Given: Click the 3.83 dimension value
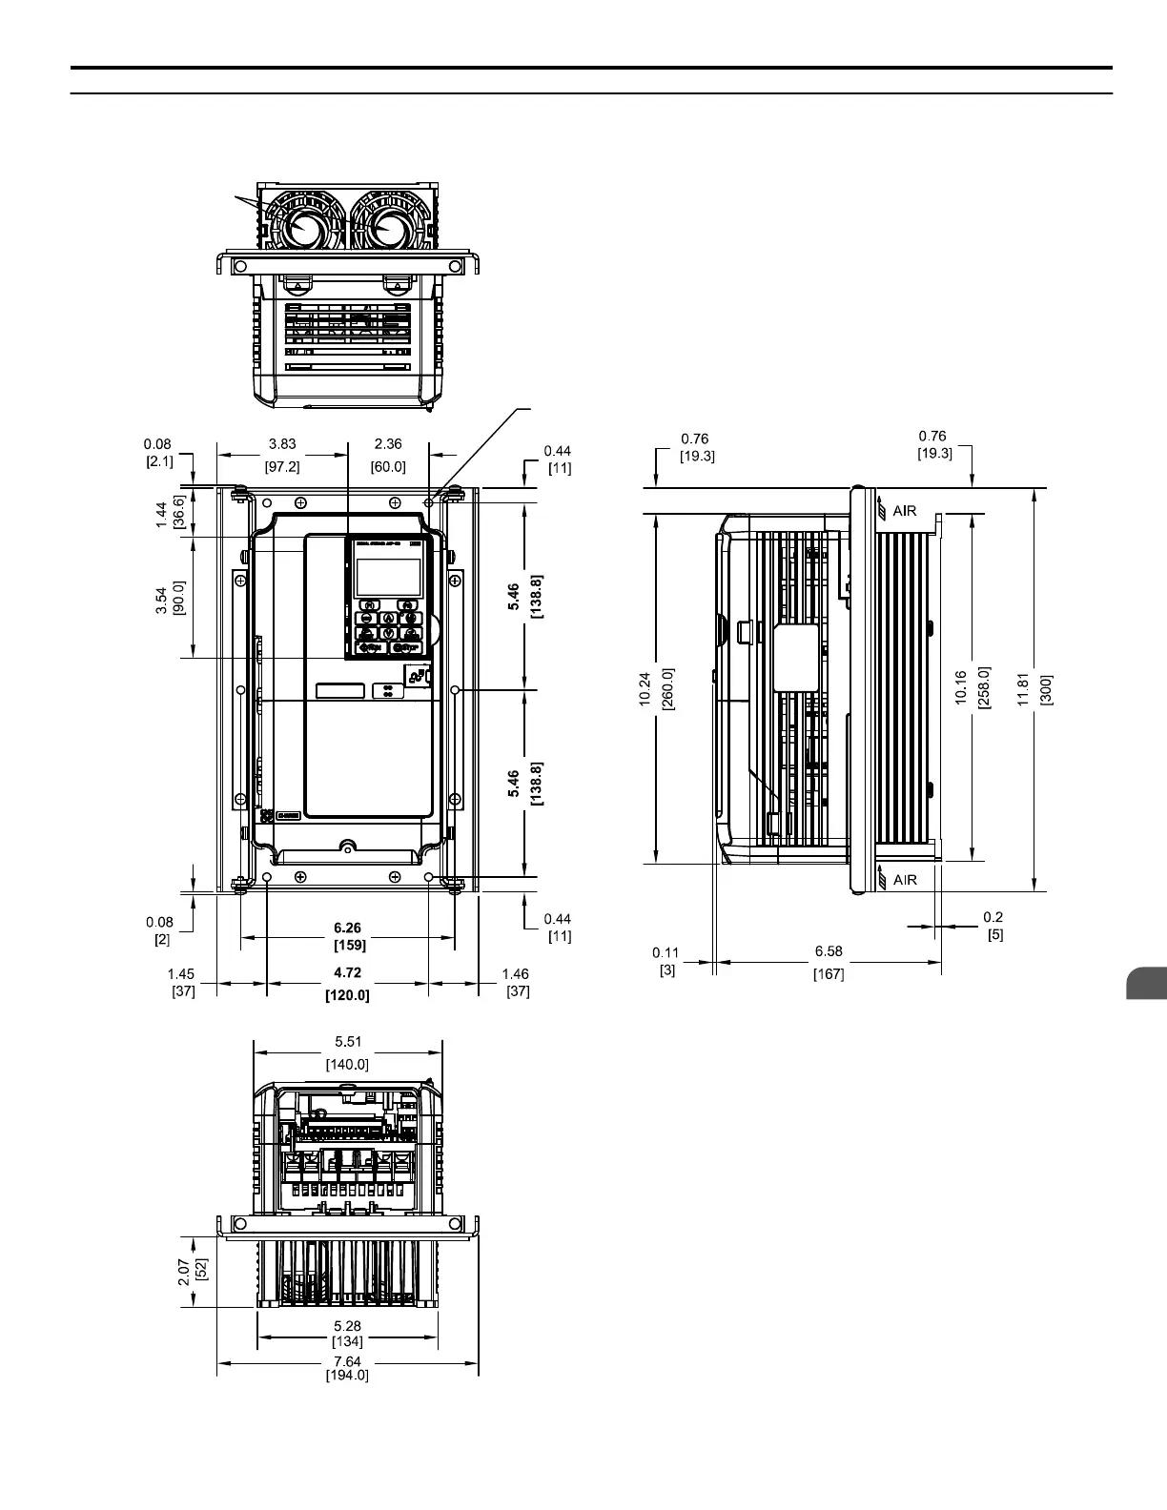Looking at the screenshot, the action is pyautogui.click(x=281, y=443).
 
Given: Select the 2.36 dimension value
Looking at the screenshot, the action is pyautogui.click(x=387, y=443).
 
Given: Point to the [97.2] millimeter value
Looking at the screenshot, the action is pyautogui.click(x=281, y=466).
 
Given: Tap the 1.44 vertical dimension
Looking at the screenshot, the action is pyautogui.click(x=162, y=515).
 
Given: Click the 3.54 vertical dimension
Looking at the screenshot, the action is pyautogui.click(x=162, y=600).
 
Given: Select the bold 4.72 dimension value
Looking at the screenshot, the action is pyautogui.click(x=347, y=973).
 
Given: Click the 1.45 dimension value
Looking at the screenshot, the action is pyautogui.click(x=181, y=974).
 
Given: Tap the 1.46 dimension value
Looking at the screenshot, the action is pyautogui.click(x=515, y=974).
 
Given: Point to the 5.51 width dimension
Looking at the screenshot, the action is pyautogui.click(x=347, y=1042).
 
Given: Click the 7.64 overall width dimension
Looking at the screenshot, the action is pyautogui.click(x=347, y=1361).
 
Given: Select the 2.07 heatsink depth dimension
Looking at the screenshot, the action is pyautogui.click(x=184, y=1270).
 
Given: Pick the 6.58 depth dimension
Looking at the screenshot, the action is pyautogui.click(x=828, y=951).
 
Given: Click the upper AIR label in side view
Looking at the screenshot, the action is pyautogui.click(x=904, y=511).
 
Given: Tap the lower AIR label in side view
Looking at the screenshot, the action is pyautogui.click(x=904, y=879).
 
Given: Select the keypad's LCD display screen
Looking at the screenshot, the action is pyautogui.click(x=388, y=577).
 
